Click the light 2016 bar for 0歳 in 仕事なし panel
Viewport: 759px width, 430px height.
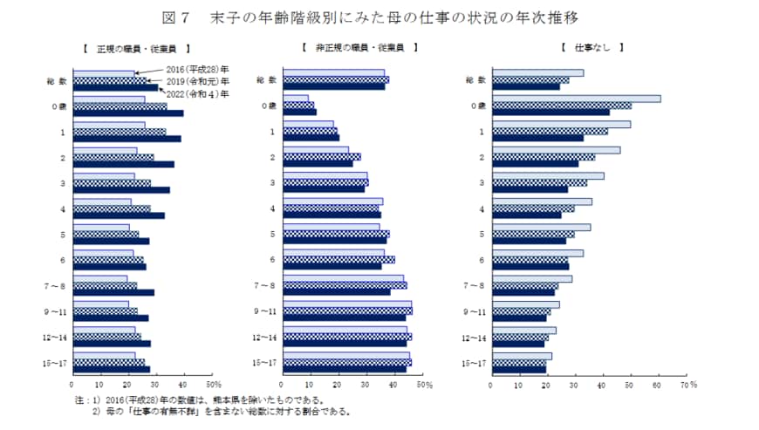click(x=577, y=99)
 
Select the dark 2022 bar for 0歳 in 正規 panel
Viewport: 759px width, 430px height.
click(x=128, y=113)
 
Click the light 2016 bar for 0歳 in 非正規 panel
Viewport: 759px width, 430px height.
click(x=295, y=99)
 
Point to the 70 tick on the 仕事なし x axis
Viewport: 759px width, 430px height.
click(x=684, y=383)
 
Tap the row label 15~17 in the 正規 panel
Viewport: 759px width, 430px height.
click(x=56, y=362)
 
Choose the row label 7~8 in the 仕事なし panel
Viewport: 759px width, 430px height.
click(x=475, y=286)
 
